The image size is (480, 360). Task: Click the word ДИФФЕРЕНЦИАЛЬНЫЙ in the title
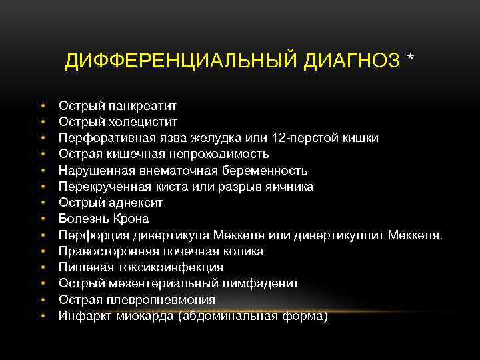coord(182,62)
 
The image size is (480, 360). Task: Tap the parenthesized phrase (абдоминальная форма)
coord(260,316)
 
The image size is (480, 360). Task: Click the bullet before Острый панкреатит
coord(42,105)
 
